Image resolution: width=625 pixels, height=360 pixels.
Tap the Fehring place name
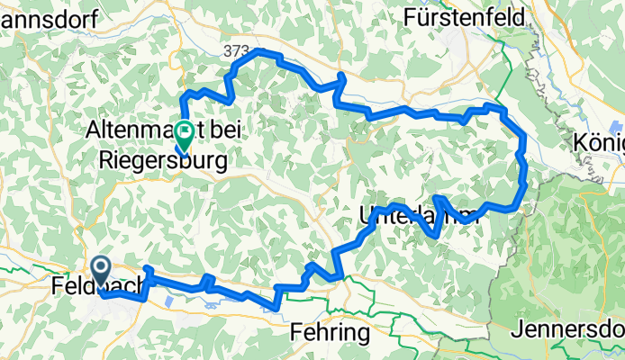[331, 333]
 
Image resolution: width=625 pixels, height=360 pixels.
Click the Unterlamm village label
[414, 216]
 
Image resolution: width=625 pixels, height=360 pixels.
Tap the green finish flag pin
[184, 134]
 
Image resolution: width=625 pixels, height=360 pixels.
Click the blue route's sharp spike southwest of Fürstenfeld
[340, 76]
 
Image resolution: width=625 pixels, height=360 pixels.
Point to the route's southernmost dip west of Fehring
[274, 308]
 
